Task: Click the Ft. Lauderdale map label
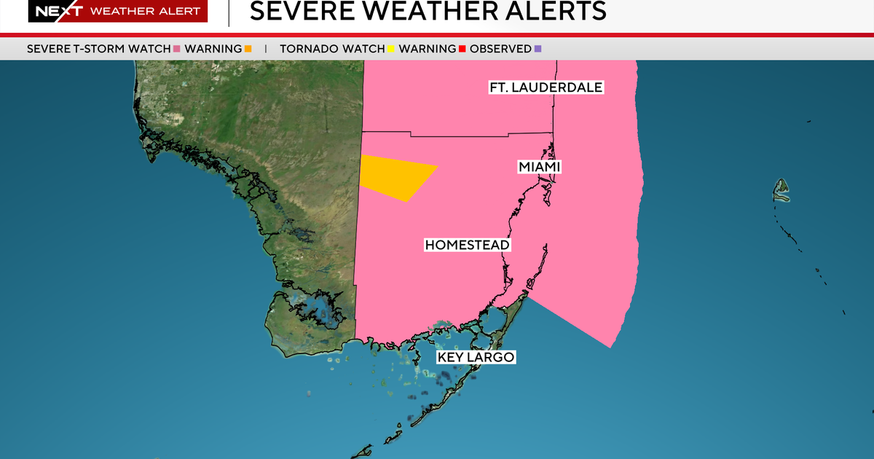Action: pos(546,87)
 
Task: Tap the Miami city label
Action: pos(540,168)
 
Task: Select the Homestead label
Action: pos(467,245)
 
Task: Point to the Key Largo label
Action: pos(476,357)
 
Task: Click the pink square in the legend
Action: pos(176,49)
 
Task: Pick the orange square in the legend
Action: pos(248,49)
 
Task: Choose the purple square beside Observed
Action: pos(538,49)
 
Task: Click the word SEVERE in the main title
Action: pos(294,11)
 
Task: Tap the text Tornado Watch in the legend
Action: pos(332,49)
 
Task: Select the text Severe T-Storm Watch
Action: pos(98,49)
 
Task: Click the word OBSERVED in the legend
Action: pos(500,49)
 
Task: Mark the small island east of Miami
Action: pos(782,190)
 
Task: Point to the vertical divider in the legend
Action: pos(266,49)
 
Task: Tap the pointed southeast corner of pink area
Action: pos(610,346)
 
